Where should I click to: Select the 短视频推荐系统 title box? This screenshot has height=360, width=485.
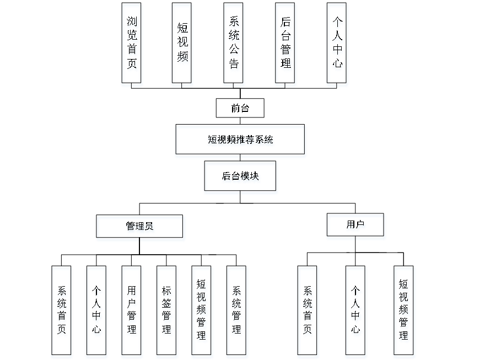coord(240,141)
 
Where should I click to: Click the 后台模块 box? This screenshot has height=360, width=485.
coord(241,178)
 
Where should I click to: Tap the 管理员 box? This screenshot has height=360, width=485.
coord(141,228)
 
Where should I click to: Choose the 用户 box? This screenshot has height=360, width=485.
coord(355,226)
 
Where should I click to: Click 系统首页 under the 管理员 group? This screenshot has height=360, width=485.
coord(62,311)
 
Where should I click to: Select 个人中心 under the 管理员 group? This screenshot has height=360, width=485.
coord(97,311)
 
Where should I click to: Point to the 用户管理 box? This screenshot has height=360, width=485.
coord(132,311)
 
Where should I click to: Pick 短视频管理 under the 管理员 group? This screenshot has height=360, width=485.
coord(202,311)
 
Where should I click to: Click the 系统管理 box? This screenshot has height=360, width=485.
coord(237,311)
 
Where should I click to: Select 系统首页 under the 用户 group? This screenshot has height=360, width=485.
coord(308,311)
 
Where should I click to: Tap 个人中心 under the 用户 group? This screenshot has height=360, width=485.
coord(356,311)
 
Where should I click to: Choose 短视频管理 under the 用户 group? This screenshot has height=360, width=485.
coord(404,311)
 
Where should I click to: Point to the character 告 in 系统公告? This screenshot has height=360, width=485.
coord(235,65)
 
